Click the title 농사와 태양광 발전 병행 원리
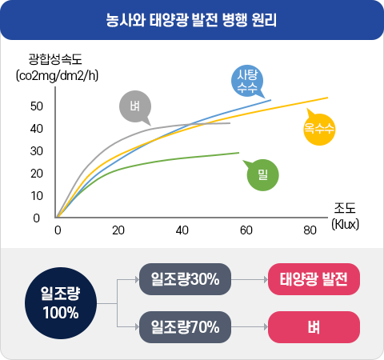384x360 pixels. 192,18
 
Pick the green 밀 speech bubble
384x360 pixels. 263,173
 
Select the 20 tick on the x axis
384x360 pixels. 118,230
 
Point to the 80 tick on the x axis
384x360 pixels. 310,230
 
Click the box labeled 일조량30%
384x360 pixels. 185,280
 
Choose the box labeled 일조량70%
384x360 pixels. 185,326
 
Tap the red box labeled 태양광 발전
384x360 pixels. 314,280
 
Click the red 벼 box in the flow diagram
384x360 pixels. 314,326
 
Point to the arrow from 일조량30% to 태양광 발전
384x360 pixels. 249,280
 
